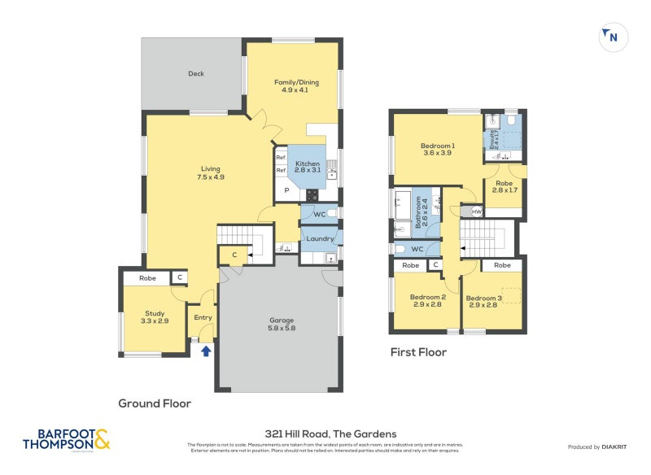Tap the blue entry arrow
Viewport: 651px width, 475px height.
click(x=206, y=351)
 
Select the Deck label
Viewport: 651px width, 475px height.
click(x=196, y=74)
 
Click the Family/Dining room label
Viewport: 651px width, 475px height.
click(x=291, y=85)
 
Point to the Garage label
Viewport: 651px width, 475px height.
click(x=282, y=325)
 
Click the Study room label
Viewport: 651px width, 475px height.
click(x=155, y=317)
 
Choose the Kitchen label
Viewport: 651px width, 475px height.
click(x=308, y=168)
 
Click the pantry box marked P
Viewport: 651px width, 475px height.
click(x=286, y=191)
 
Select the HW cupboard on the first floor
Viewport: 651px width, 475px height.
click(x=477, y=211)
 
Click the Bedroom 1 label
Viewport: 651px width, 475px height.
click(x=438, y=150)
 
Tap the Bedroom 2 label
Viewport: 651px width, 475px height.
click(x=427, y=301)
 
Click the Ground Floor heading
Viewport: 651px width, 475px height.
click(x=155, y=403)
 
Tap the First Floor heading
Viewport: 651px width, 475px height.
click(x=417, y=352)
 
